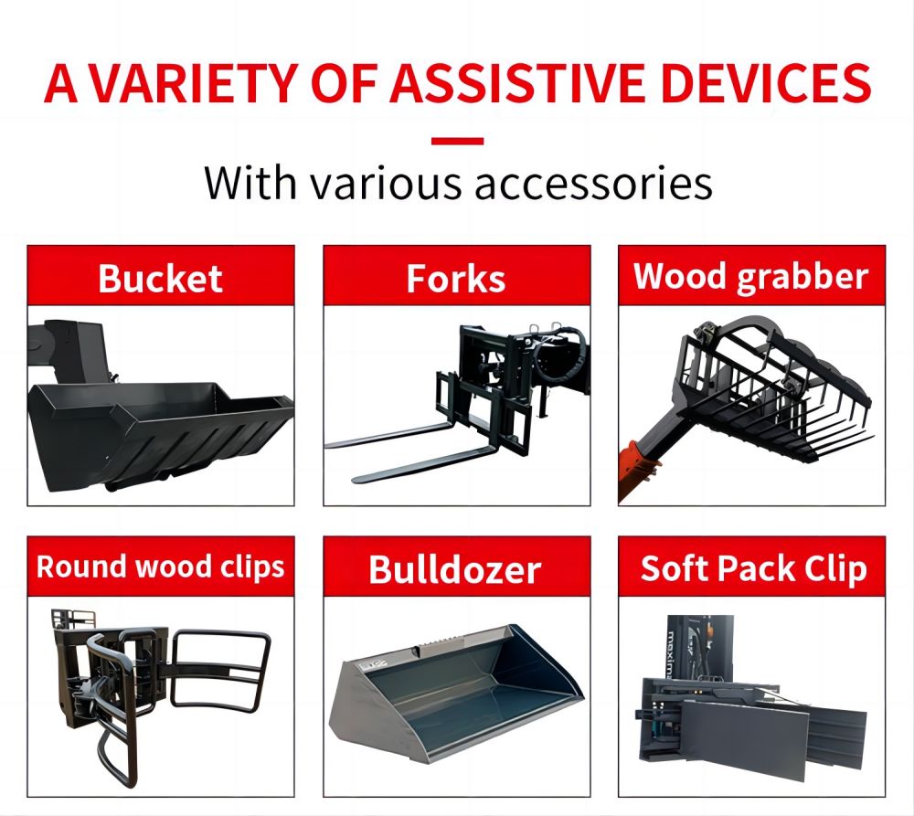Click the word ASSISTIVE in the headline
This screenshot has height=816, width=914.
517,83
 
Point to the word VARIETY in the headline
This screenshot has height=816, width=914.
196,83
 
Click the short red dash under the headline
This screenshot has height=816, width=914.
458,141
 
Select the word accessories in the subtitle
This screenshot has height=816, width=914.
593,185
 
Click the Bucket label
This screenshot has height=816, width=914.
160,278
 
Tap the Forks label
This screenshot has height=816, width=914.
456,278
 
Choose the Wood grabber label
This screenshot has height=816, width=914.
751,276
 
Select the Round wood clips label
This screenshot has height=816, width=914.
160,567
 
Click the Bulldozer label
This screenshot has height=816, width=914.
455,569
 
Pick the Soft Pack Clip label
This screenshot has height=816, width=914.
754,568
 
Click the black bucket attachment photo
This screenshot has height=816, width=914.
160,408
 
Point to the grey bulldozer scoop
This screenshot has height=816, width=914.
456,694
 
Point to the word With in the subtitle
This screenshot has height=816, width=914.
251,183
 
